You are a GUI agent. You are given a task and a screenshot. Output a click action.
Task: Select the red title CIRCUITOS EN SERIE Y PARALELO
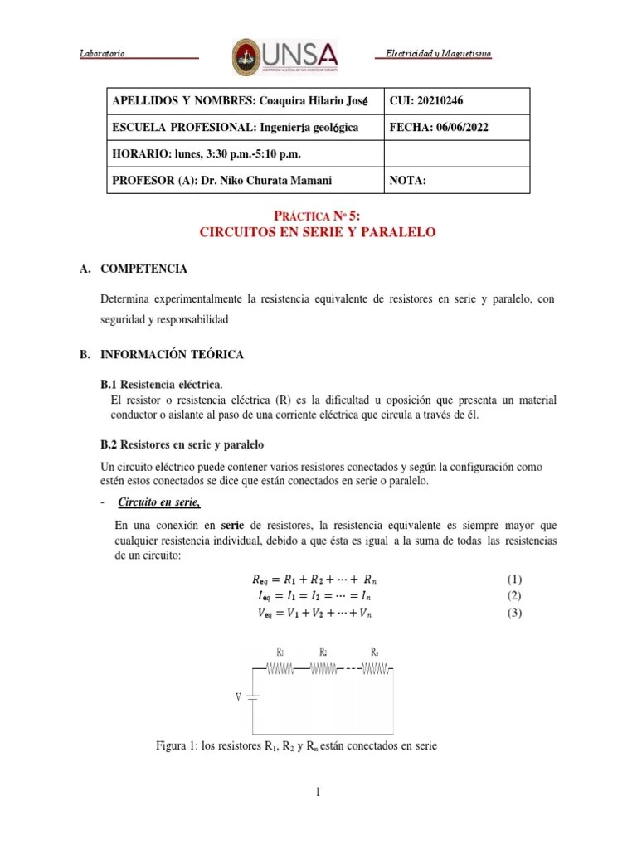318,233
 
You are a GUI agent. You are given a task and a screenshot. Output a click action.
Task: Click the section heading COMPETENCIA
143,269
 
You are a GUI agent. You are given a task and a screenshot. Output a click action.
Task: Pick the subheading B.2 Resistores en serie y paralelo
182,444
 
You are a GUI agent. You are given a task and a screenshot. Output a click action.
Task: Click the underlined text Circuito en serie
159,503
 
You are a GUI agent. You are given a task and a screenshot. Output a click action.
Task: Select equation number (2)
514,595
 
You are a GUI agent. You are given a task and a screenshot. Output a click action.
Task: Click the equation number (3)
514,613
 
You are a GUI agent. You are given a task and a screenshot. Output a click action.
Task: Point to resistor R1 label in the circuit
280,652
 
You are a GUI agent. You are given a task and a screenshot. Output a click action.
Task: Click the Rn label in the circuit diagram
375,652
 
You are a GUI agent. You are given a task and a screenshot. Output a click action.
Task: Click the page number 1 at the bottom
318,793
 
